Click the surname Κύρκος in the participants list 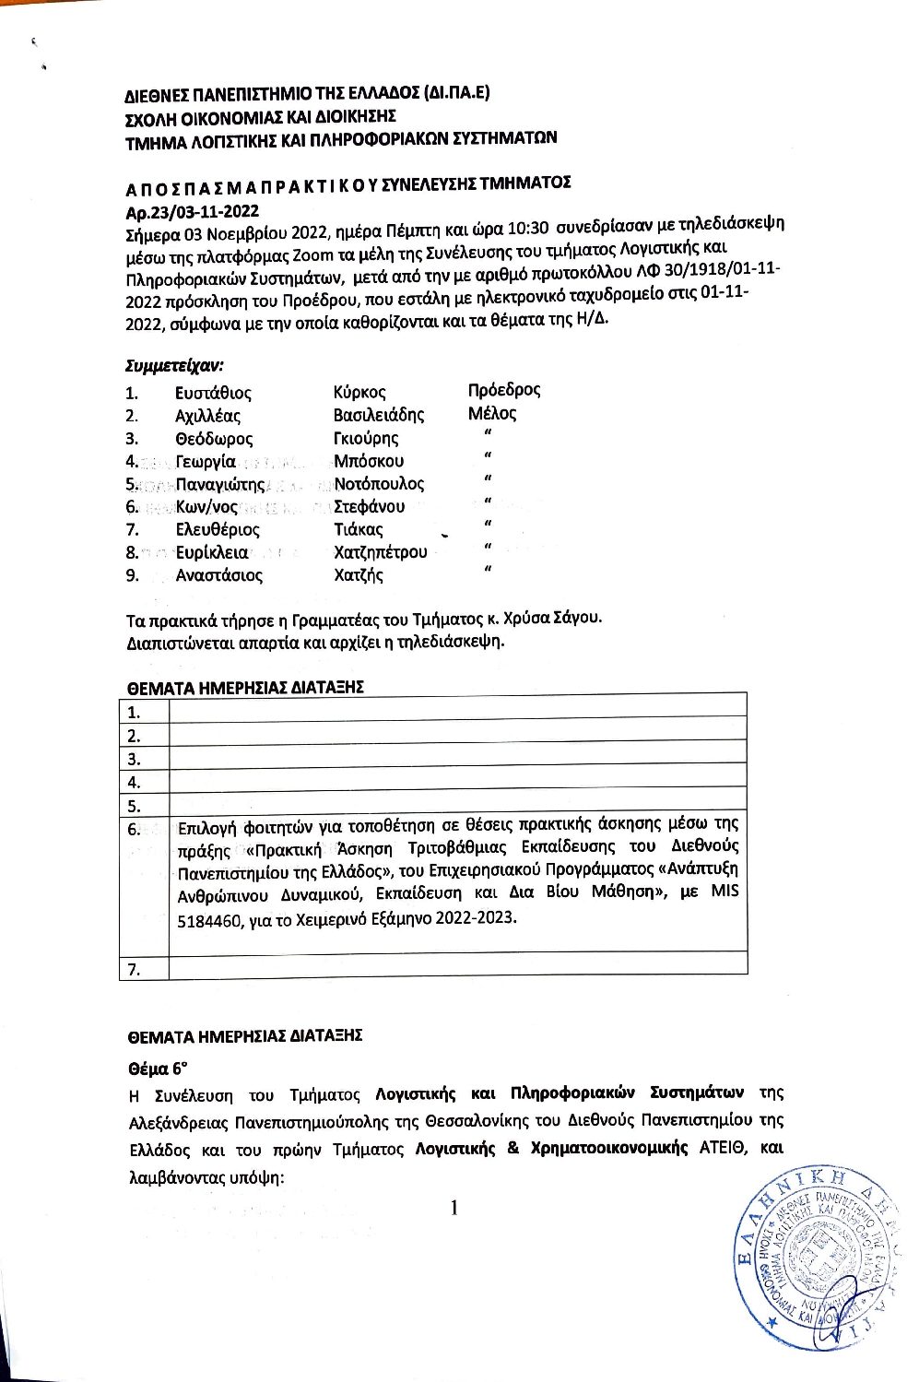point(359,393)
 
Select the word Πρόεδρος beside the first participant point(504,390)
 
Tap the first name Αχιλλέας point(207,416)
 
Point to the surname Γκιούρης point(366,439)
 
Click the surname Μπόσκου point(369,461)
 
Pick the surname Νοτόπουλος point(379,484)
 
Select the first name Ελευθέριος point(218,530)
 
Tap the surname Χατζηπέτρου point(381,552)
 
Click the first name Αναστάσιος point(219,575)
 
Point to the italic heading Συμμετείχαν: point(174,365)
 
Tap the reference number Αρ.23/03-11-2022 point(192,212)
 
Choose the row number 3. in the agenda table point(135,760)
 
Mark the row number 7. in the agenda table point(135,969)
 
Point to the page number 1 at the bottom point(454,1208)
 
